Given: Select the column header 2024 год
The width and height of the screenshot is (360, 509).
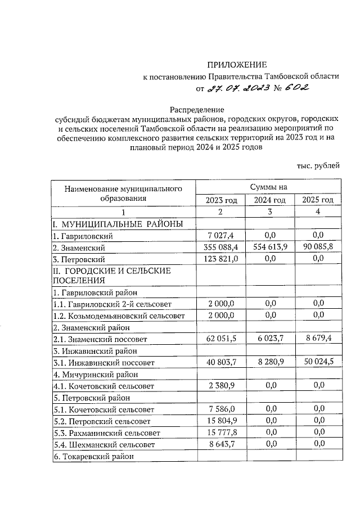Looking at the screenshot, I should coord(270,200).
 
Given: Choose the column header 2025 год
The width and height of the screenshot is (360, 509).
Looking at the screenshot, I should coord(318,200).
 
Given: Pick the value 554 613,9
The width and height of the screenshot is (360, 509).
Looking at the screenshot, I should coord(270,247).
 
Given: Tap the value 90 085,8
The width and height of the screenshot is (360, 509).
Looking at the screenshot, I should coord(318,247).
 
